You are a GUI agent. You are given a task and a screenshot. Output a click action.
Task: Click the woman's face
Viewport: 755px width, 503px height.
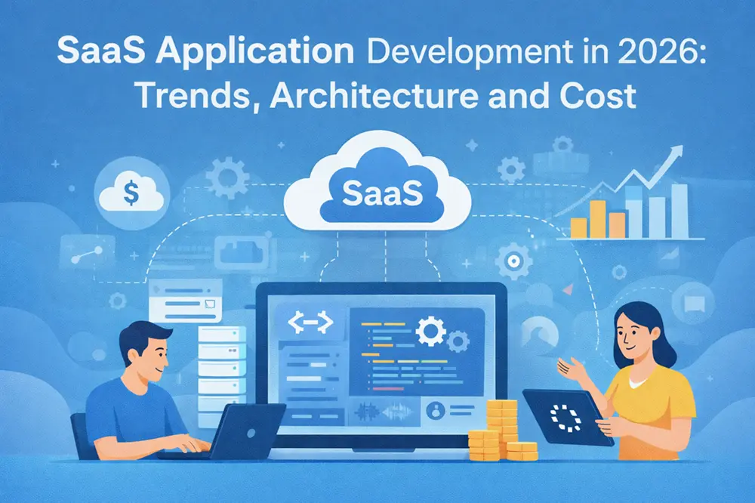634,332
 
